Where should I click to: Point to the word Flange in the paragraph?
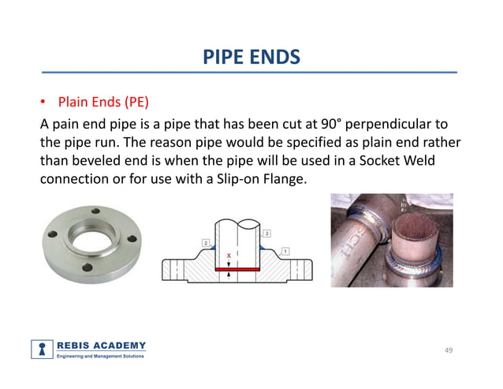coord(281,181)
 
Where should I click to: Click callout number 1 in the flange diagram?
coord(283,251)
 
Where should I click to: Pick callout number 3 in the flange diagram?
coord(267,234)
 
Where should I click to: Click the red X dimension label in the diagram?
coord(229,256)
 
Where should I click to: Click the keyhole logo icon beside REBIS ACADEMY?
coord(42,349)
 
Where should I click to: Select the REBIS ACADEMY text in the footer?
coord(100,345)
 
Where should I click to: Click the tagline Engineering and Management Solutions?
coord(100,357)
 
